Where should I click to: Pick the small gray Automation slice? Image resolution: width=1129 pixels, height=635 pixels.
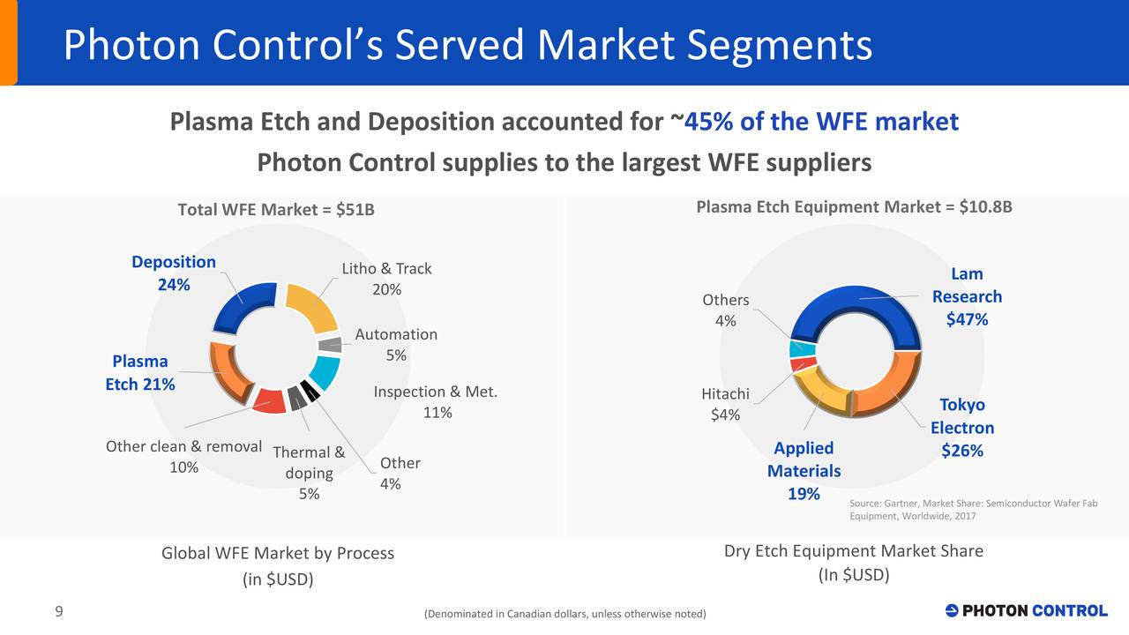pyautogui.click(x=331, y=345)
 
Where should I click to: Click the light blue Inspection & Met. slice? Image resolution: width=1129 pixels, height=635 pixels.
pyautogui.click(x=325, y=373)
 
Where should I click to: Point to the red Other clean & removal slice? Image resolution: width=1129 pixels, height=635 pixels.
pyautogui.click(x=268, y=401)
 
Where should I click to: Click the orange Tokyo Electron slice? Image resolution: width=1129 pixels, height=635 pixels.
pyautogui.click(x=891, y=388)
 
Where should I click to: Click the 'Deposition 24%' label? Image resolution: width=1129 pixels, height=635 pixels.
pyautogui.click(x=173, y=273)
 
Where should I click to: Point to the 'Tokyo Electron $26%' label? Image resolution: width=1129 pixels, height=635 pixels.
pyautogui.click(x=961, y=428)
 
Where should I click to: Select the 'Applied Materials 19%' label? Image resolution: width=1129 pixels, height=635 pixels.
pyautogui.click(x=804, y=471)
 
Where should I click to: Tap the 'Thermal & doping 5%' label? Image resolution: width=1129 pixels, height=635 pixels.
pyautogui.click(x=309, y=474)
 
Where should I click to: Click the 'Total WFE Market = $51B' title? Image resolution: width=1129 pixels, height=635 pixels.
pyautogui.click(x=276, y=210)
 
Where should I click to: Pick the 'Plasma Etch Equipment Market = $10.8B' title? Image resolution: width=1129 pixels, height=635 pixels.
pyautogui.click(x=854, y=206)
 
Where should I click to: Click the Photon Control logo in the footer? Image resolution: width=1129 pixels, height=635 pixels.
pyautogui.click(x=1026, y=610)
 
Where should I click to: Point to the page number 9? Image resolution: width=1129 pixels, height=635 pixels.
pyautogui.click(x=58, y=612)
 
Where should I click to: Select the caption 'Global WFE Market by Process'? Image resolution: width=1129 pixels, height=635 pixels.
pyautogui.click(x=278, y=553)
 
